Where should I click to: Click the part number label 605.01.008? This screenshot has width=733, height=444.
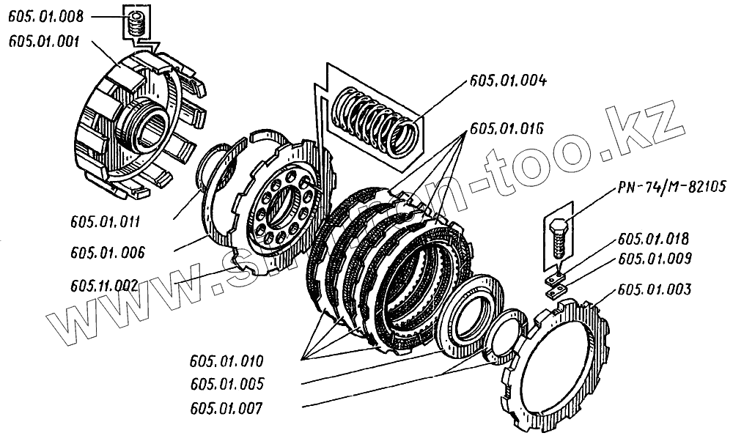point(45,15)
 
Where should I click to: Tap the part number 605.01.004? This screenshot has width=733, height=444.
point(507,80)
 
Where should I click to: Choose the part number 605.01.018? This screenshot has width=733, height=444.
point(653,240)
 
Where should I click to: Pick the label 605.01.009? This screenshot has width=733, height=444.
point(653,259)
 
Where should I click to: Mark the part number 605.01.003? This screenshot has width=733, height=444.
point(653,290)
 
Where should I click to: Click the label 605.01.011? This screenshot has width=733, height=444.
point(107,220)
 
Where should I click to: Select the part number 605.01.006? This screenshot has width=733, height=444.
point(107,253)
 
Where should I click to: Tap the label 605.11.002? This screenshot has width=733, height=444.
point(107,285)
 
